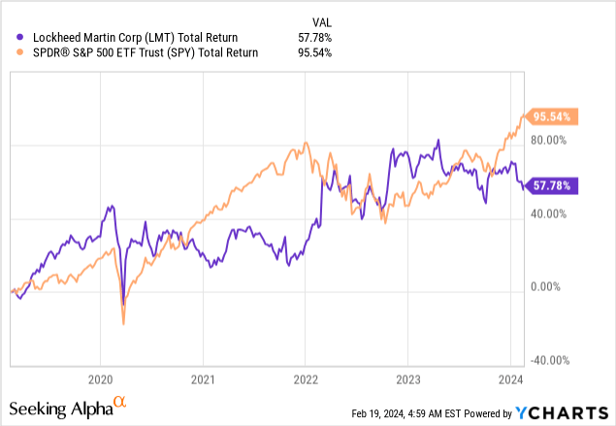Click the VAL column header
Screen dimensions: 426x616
(x=320, y=20)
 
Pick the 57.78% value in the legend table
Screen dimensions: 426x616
(x=314, y=38)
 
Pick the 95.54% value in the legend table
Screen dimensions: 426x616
(x=314, y=53)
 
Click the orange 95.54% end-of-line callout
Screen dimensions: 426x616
(x=553, y=116)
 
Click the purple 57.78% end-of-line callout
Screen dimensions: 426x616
(x=553, y=185)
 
